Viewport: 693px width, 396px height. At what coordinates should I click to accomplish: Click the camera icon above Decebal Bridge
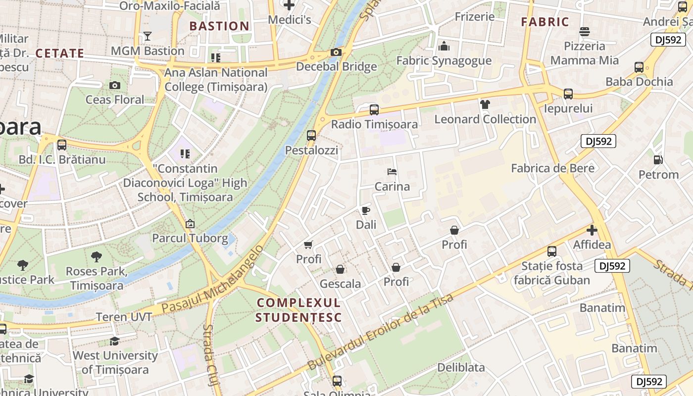pyautogui.click(x=336, y=52)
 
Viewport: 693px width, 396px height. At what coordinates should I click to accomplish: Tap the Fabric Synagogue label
pyautogui.click(x=444, y=61)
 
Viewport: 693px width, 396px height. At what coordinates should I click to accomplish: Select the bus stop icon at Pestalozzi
pyautogui.click(x=311, y=135)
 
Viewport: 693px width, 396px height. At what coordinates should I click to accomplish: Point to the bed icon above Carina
pyautogui.click(x=392, y=172)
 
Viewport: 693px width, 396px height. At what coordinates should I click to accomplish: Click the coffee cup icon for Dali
pyautogui.click(x=366, y=210)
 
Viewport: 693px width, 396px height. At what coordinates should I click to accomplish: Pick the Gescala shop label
pyautogui.click(x=340, y=284)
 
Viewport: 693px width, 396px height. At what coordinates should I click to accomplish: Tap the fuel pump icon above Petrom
pyautogui.click(x=658, y=159)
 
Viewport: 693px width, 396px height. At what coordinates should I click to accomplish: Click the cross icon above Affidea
pyautogui.click(x=592, y=230)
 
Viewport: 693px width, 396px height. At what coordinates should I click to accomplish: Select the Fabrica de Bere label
pyautogui.click(x=552, y=168)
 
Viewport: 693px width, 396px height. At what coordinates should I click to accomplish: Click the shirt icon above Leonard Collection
pyautogui.click(x=485, y=104)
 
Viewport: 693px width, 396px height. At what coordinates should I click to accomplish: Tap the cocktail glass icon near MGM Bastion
pyautogui.click(x=147, y=36)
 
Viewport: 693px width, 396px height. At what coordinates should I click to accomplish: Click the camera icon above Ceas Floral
pyautogui.click(x=115, y=85)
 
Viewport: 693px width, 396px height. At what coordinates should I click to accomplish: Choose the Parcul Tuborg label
pyautogui.click(x=190, y=238)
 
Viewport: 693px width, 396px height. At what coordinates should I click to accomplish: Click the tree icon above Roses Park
pyautogui.click(x=97, y=256)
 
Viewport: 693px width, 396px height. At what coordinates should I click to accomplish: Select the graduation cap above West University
pyautogui.click(x=115, y=341)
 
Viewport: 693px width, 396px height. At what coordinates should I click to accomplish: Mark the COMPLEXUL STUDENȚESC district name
pyautogui.click(x=298, y=310)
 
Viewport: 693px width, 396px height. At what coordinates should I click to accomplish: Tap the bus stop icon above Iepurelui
pyautogui.click(x=568, y=94)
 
